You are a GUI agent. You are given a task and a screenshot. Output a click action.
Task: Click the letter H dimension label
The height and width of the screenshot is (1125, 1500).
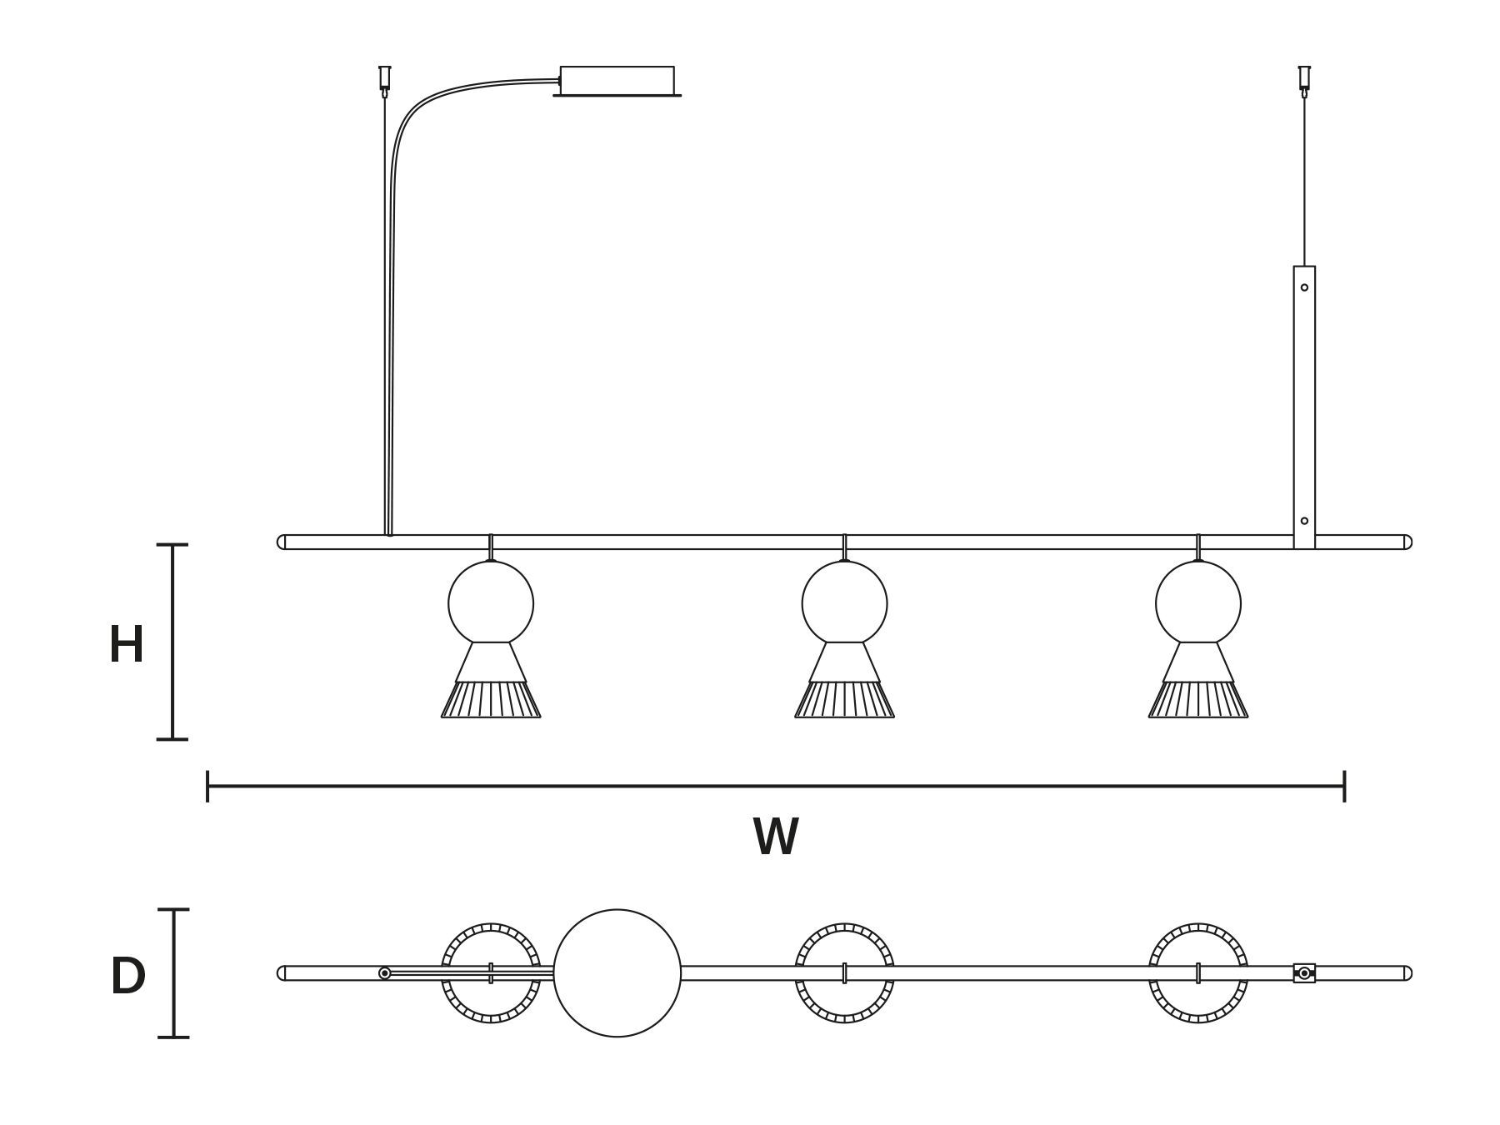point(127,645)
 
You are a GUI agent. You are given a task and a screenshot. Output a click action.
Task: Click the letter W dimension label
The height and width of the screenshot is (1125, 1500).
point(776,837)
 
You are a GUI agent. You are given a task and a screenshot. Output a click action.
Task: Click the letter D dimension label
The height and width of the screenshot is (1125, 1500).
point(127,977)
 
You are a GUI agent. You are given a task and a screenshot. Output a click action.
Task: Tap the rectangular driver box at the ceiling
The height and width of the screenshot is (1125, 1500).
point(617,81)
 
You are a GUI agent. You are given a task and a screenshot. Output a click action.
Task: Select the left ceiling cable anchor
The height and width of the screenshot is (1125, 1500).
point(384,78)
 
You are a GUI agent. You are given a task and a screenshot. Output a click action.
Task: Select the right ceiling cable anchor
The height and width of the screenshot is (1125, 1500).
point(1304,78)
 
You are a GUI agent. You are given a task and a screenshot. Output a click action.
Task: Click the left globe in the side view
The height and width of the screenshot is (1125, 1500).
point(491,602)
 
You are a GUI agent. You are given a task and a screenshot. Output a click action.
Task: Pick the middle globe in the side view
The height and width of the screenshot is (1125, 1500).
point(844,602)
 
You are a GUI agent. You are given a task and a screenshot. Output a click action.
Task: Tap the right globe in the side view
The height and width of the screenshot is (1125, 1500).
point(1197,602)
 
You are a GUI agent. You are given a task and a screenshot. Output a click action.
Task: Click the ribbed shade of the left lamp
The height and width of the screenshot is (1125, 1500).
point(491,700)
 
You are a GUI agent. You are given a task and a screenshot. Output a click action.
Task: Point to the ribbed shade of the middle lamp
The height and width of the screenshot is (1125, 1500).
point(844,700)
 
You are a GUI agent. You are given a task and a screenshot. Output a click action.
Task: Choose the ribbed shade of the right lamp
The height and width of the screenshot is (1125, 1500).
point(1197,700)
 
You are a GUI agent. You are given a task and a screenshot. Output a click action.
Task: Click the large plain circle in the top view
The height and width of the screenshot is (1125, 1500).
point(617,973)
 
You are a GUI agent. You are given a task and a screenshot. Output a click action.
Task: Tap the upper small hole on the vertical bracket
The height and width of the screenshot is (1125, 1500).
point(1304,287)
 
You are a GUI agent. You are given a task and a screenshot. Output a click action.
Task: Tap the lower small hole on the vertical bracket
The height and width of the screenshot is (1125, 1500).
point(1304,521)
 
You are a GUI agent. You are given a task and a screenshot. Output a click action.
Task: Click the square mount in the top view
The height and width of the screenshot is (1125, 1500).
point(1304,973)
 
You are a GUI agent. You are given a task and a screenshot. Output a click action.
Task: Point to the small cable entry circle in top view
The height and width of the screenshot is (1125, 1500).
point(384,973)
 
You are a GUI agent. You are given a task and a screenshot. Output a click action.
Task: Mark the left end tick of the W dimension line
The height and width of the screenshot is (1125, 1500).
point(207,786)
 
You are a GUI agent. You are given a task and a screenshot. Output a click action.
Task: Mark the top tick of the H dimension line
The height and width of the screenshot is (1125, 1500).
point(172,545)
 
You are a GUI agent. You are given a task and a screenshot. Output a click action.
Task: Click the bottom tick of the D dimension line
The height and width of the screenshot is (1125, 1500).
point(173,1037)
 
